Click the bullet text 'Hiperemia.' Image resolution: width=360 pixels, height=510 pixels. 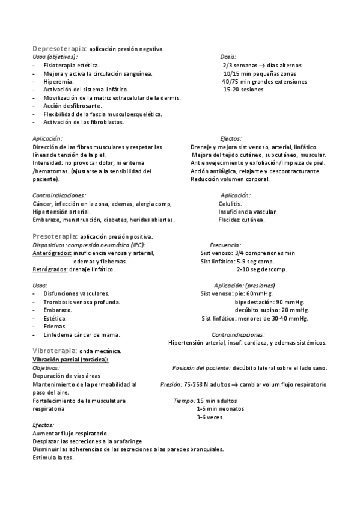[59, 81]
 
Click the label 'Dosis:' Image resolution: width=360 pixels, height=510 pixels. [228, 57]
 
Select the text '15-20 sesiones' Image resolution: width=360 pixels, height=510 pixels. [243, 90]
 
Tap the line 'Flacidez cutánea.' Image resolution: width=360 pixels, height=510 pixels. [242, 220]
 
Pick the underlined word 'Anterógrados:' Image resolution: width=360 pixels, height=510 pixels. [52, 253]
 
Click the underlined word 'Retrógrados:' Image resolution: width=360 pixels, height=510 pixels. [50, 269]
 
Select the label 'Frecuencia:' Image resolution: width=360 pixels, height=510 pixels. [225, 245]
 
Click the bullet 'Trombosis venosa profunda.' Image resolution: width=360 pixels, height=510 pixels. [82, 301]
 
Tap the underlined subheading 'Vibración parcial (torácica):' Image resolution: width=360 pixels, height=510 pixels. [70, 359]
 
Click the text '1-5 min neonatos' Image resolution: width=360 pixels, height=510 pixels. [220, 408]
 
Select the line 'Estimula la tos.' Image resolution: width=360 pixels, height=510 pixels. [53, 458]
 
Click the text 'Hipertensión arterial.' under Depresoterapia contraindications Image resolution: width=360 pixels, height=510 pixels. [62, 212]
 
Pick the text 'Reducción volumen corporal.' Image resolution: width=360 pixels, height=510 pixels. [230, 179]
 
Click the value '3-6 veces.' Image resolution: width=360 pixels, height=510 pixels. [210, 417]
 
